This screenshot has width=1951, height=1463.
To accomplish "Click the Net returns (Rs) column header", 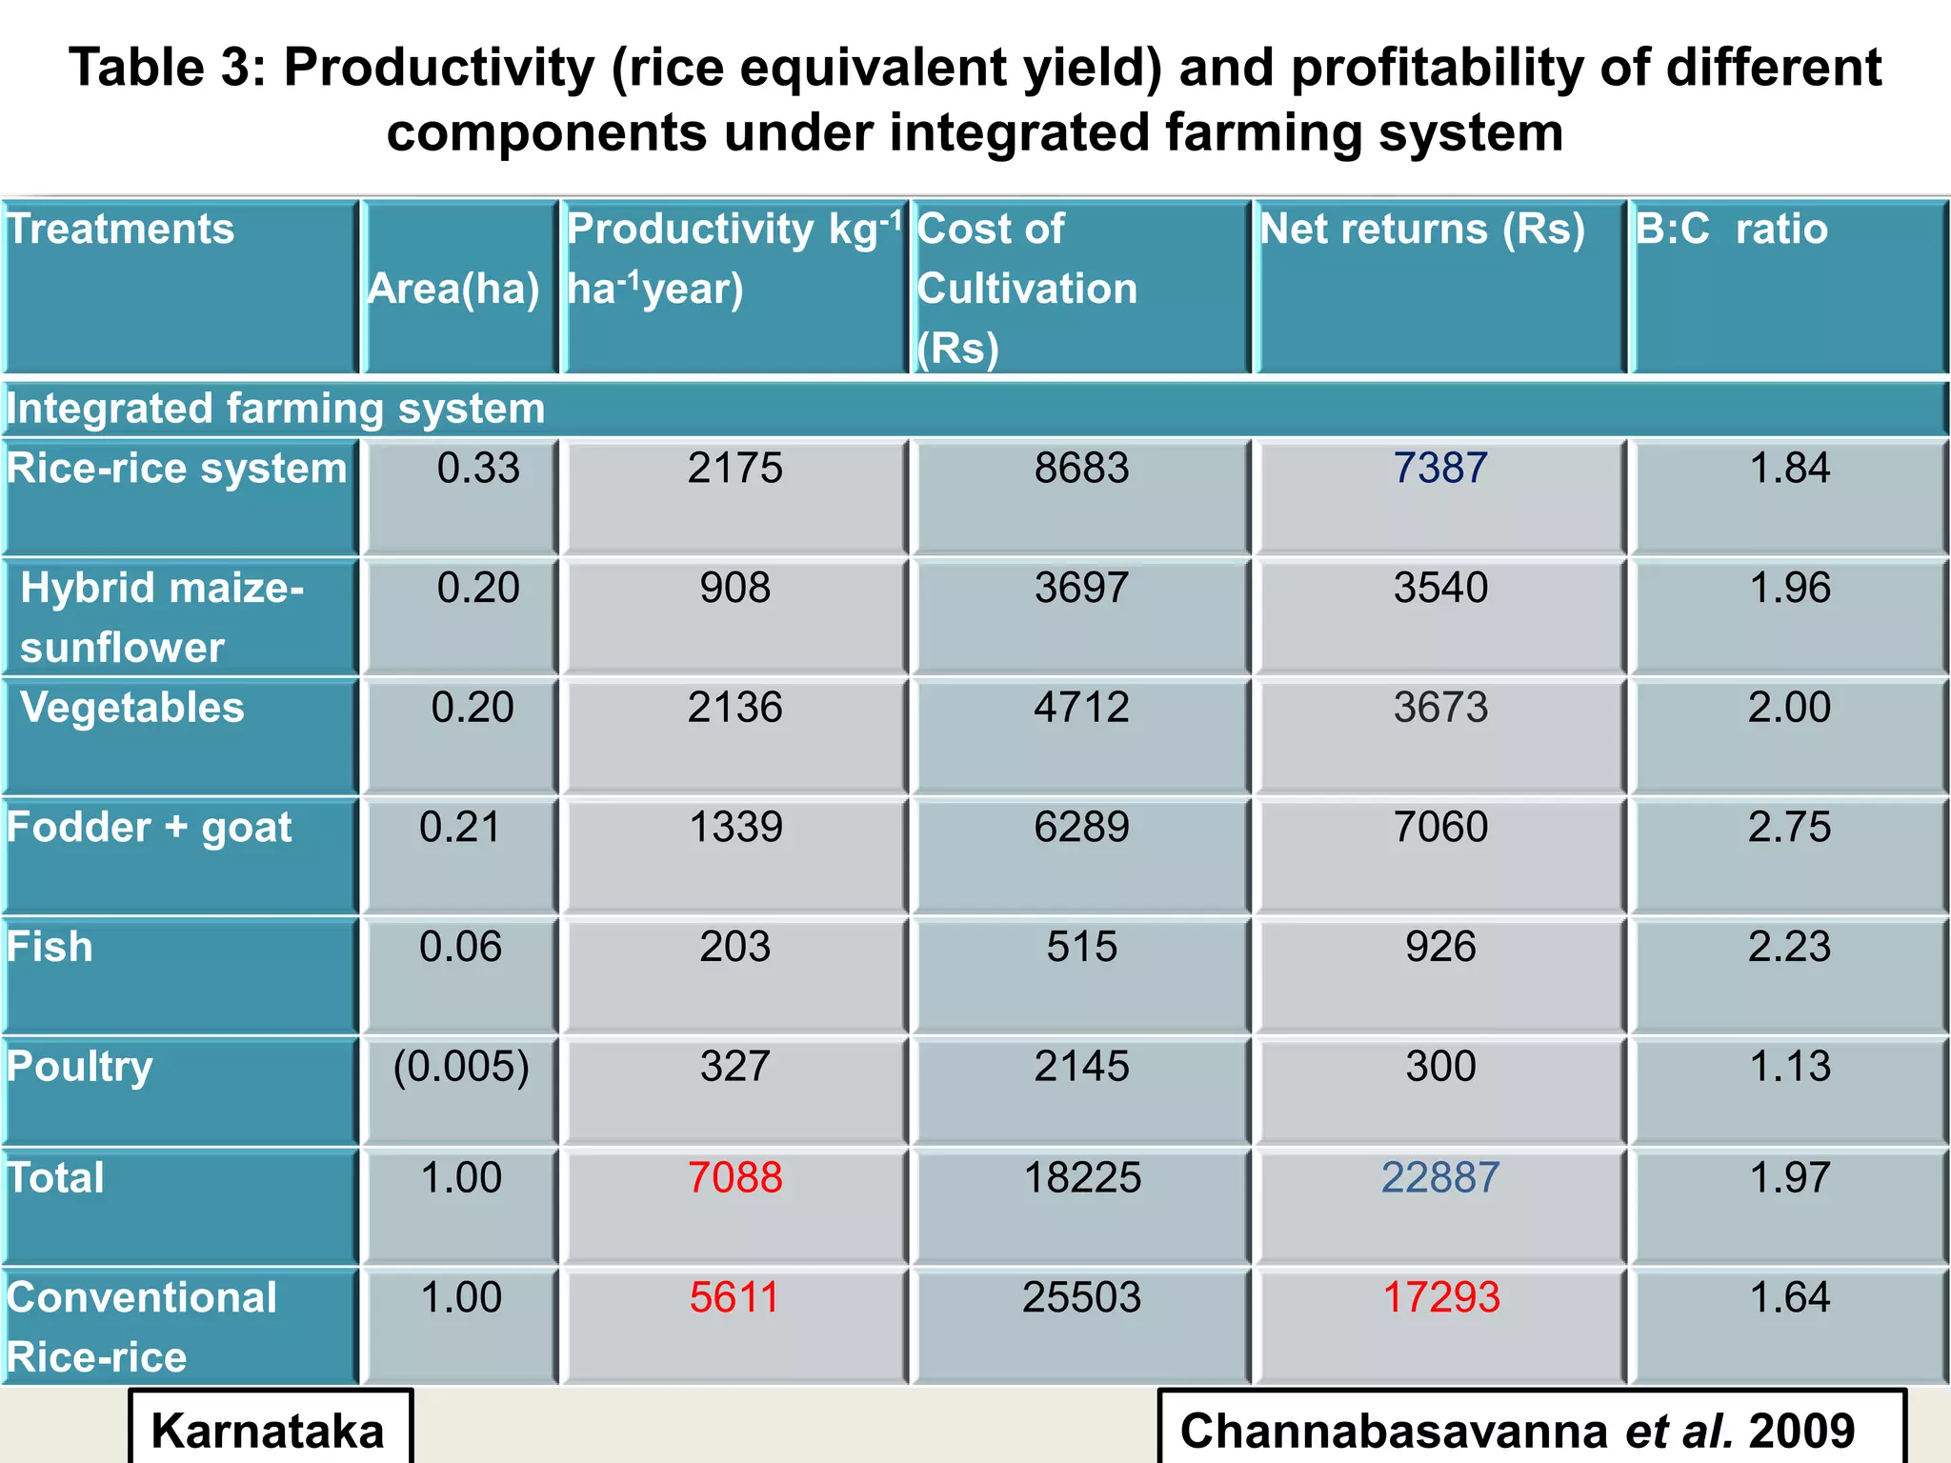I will (1421, 230).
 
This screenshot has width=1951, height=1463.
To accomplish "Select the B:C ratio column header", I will (1731, 230).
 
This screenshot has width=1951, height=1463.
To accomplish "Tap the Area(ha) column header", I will (454, 289).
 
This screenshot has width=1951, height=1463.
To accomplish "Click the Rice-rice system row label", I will (177, 469).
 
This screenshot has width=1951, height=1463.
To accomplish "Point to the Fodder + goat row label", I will (150, 828).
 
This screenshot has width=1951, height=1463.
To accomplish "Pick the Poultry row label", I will (80, 1067).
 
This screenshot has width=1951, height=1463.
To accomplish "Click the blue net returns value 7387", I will (1439, 469).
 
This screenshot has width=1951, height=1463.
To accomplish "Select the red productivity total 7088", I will (734, 1178).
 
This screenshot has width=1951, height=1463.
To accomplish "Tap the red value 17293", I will (1440, 1297).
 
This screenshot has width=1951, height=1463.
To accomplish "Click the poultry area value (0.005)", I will (461, 1067).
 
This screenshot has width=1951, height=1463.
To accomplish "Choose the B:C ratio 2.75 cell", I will (1788, 827).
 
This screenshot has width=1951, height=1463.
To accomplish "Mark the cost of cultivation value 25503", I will (1081, 1297).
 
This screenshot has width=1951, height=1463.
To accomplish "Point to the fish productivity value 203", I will (734, 947).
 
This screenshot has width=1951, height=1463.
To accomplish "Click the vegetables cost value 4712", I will (1081, 708).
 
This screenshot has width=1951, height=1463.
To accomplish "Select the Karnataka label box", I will (270, 1429).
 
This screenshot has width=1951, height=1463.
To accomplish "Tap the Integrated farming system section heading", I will (276, 409).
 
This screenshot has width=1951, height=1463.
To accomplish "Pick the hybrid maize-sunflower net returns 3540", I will (1440, 588).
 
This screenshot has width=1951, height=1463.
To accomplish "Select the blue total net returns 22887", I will (1440, 1178).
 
